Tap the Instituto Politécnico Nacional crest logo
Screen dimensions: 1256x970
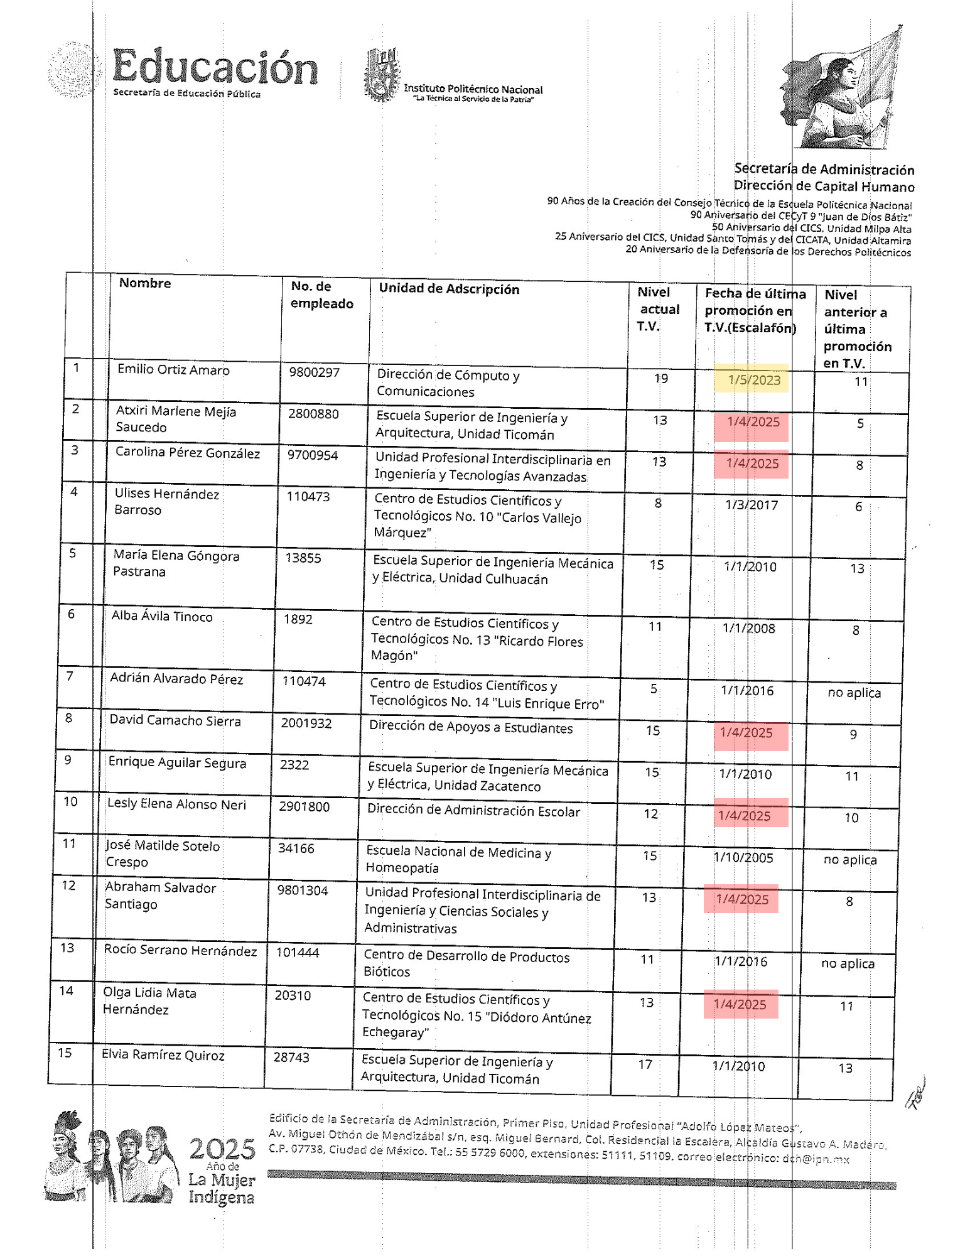382,75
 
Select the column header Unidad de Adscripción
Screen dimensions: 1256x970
449,289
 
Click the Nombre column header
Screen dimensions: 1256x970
145,283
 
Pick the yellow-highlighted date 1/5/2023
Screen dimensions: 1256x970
753,380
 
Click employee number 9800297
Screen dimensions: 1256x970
314,372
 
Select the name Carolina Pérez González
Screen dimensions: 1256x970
187,453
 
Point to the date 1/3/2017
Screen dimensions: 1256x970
751,505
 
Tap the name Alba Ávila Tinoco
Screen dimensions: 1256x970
162,617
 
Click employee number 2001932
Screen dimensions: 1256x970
306,723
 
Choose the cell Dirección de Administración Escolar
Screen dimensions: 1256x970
473,811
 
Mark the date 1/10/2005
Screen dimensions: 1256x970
743,858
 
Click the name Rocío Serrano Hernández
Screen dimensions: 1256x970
180,951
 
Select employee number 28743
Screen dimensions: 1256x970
291,1058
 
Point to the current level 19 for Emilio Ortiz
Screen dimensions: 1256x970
660,379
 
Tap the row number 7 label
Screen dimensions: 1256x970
70,676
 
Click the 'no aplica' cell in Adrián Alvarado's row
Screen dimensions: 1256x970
854,693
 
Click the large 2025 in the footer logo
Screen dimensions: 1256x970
222,1149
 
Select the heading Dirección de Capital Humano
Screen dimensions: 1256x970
824,187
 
